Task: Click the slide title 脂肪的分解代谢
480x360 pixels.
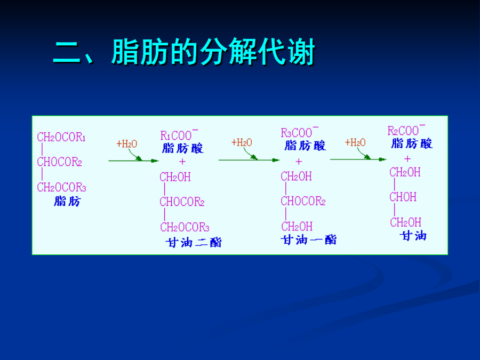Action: click(213, 52)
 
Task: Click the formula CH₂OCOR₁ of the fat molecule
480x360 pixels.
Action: click(61, 137)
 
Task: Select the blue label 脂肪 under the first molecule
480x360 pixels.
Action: click(67, 201)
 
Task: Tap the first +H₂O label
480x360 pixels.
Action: click(127, 144)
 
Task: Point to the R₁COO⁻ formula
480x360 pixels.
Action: click(179, 135)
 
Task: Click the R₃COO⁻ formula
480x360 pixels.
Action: click(300, 132)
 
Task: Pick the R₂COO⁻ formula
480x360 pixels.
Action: click(406, 130)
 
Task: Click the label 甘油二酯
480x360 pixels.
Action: click(194, 243)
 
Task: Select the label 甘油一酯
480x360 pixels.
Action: click(309, 239)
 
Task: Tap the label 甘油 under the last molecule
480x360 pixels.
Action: click(413, 236)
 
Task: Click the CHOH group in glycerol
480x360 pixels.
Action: click(403, 197)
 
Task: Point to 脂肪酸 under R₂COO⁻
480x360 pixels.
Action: click(412, 143)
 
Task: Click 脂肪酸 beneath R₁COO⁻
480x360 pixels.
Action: click(183, 148)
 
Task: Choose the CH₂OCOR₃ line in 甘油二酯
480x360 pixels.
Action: click(185, 227)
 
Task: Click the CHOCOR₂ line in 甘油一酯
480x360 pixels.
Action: click(303, 201)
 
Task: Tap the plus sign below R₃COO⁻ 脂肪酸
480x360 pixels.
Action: click(299, 161)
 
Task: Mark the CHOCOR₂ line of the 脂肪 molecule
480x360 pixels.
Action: click(59, 162)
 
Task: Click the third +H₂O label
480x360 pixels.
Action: click(355, 142)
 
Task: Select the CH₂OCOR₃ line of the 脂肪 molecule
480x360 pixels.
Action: click(61, 187)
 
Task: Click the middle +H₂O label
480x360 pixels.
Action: click(242, 142)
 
